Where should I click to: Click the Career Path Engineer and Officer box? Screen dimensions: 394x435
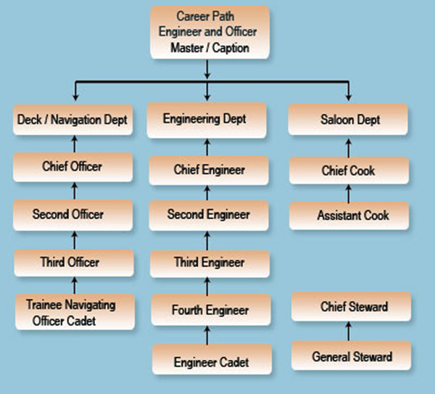(x=210, y=32)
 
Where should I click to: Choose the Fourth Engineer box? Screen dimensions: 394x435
(x=210, y=311)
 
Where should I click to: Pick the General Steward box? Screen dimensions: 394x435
(x=352, y=356)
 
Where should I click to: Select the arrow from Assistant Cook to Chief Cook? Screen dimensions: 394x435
(x=349, y=193)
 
